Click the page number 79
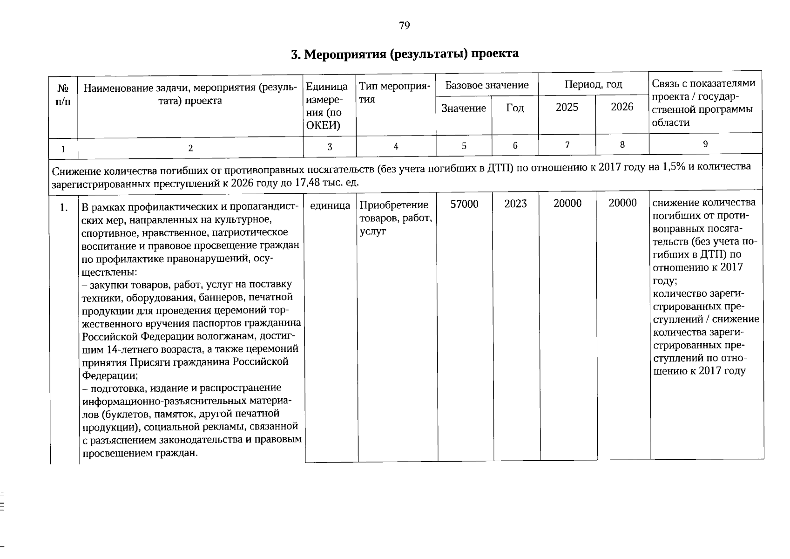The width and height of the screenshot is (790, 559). (404, 26)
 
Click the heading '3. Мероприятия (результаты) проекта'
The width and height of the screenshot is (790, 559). (405, 54)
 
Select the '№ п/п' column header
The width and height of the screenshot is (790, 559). (63, 95)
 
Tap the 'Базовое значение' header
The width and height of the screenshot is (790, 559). (486, 85)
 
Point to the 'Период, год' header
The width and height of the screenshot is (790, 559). (593, 85)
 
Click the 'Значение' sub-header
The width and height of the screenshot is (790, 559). (463, 109)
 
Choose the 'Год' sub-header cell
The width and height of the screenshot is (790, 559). (515, 109)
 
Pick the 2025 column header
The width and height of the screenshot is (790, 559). (567, 108)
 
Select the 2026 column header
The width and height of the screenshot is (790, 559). (622, 107)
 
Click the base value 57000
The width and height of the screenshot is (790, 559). (464, 204)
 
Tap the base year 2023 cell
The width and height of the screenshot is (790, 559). (515, 204)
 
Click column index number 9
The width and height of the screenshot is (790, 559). (705, 144)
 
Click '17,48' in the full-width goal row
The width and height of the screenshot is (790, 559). (307, 182)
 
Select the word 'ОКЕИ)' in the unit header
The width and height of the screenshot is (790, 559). (323, 126)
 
